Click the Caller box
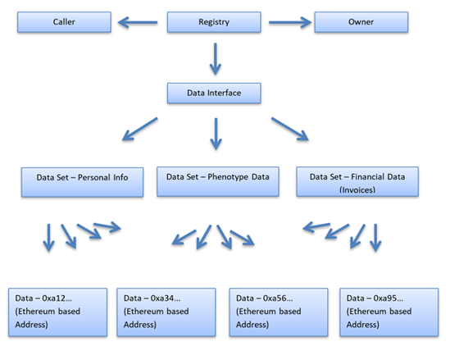click(64, 22)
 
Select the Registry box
click(214, 22)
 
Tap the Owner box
click(361, 22)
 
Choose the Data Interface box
click(214, 93)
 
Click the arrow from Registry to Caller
click(138, 22)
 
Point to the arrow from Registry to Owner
click(290, 22)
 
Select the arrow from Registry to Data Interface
click(216, 59)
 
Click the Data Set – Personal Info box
click(82, 182)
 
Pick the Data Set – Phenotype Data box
click(218, 182)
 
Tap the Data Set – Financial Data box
click(357, 182)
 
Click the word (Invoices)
click(357, 189)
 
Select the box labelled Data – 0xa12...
click(57, 312)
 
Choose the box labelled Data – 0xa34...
click(166, 312)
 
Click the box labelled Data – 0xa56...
click(279, 312)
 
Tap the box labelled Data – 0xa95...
click(389, 312)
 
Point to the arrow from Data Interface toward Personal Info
click(140, 129)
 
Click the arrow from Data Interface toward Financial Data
click(290, 129)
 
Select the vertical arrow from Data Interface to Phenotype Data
click(216, 134)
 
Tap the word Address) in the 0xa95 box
click(363, 325)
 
